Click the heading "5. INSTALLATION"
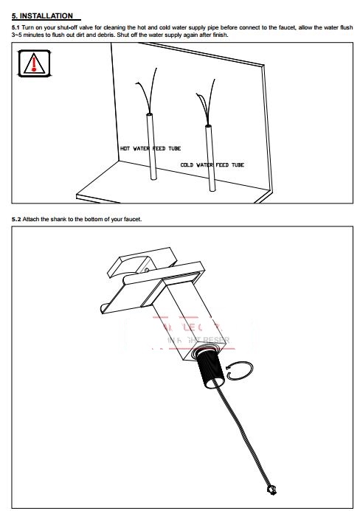click(42, 15)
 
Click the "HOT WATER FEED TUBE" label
click(150, 148)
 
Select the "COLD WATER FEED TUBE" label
click(212, 165)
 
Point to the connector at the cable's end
click(271, 488)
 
